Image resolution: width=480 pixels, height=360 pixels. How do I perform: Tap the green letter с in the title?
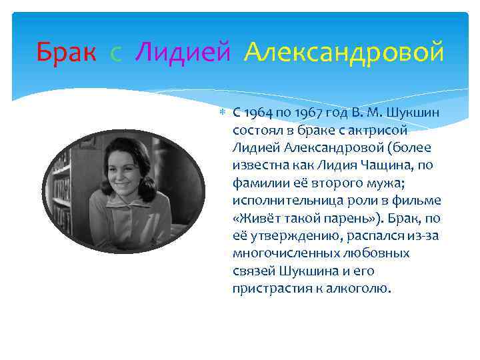[116, 53]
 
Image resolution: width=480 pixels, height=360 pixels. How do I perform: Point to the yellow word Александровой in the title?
[343, 51]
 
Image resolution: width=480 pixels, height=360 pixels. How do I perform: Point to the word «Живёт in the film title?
[253, 218]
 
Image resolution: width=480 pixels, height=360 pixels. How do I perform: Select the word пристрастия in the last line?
[267, 289]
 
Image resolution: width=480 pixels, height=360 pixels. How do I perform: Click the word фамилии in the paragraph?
[255, 182]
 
